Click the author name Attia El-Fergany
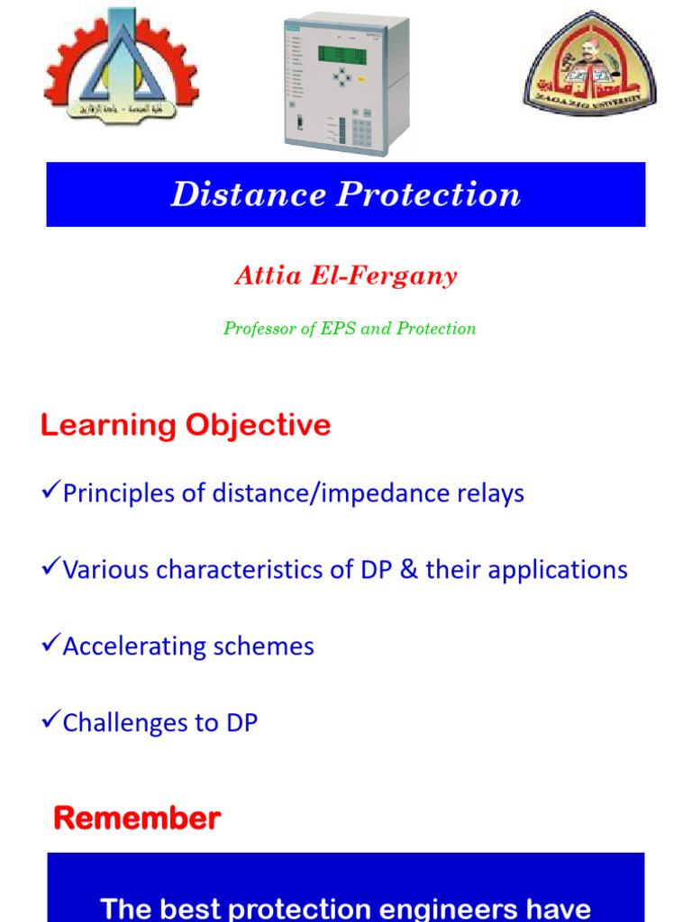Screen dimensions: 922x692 tap(346, 276)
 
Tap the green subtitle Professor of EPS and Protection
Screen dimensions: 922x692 tap(350, 329)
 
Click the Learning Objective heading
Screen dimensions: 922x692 tap(186, 425)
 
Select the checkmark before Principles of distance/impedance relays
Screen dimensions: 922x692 tap(50, 492)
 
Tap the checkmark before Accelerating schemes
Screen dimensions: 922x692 tap(50, 645)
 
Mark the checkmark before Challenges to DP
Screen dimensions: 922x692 tap(50, 721)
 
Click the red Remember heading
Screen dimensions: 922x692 tap(137, 818)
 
